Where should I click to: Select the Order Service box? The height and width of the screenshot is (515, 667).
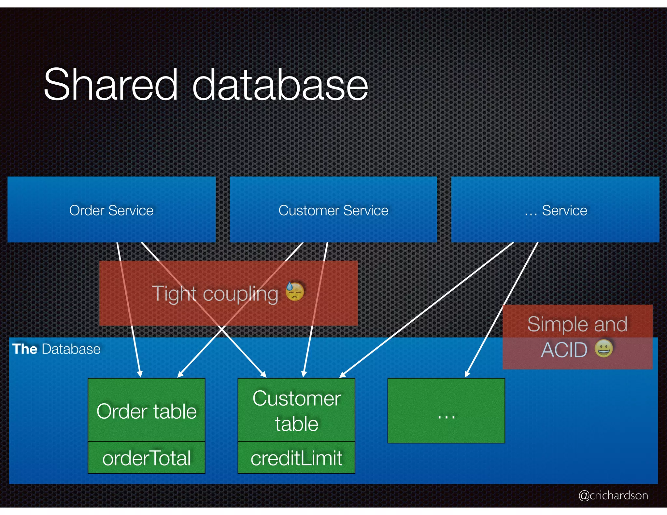[111, 210]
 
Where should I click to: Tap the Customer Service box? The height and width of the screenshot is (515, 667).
[333, 210]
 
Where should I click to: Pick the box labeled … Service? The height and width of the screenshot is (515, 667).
[555, 210]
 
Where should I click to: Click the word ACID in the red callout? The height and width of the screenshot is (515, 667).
[564, 350]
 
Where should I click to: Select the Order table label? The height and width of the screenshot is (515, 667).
[147, 411]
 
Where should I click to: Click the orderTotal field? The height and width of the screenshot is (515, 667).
[147, 458]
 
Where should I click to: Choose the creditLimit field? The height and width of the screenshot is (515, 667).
[296, 458]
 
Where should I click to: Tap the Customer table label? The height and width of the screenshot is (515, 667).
[296, 411]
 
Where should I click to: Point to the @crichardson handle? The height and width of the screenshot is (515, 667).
[613, 495]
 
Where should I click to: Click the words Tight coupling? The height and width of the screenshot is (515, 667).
[215, 294]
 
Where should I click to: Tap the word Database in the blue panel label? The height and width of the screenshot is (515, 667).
[71, 349]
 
